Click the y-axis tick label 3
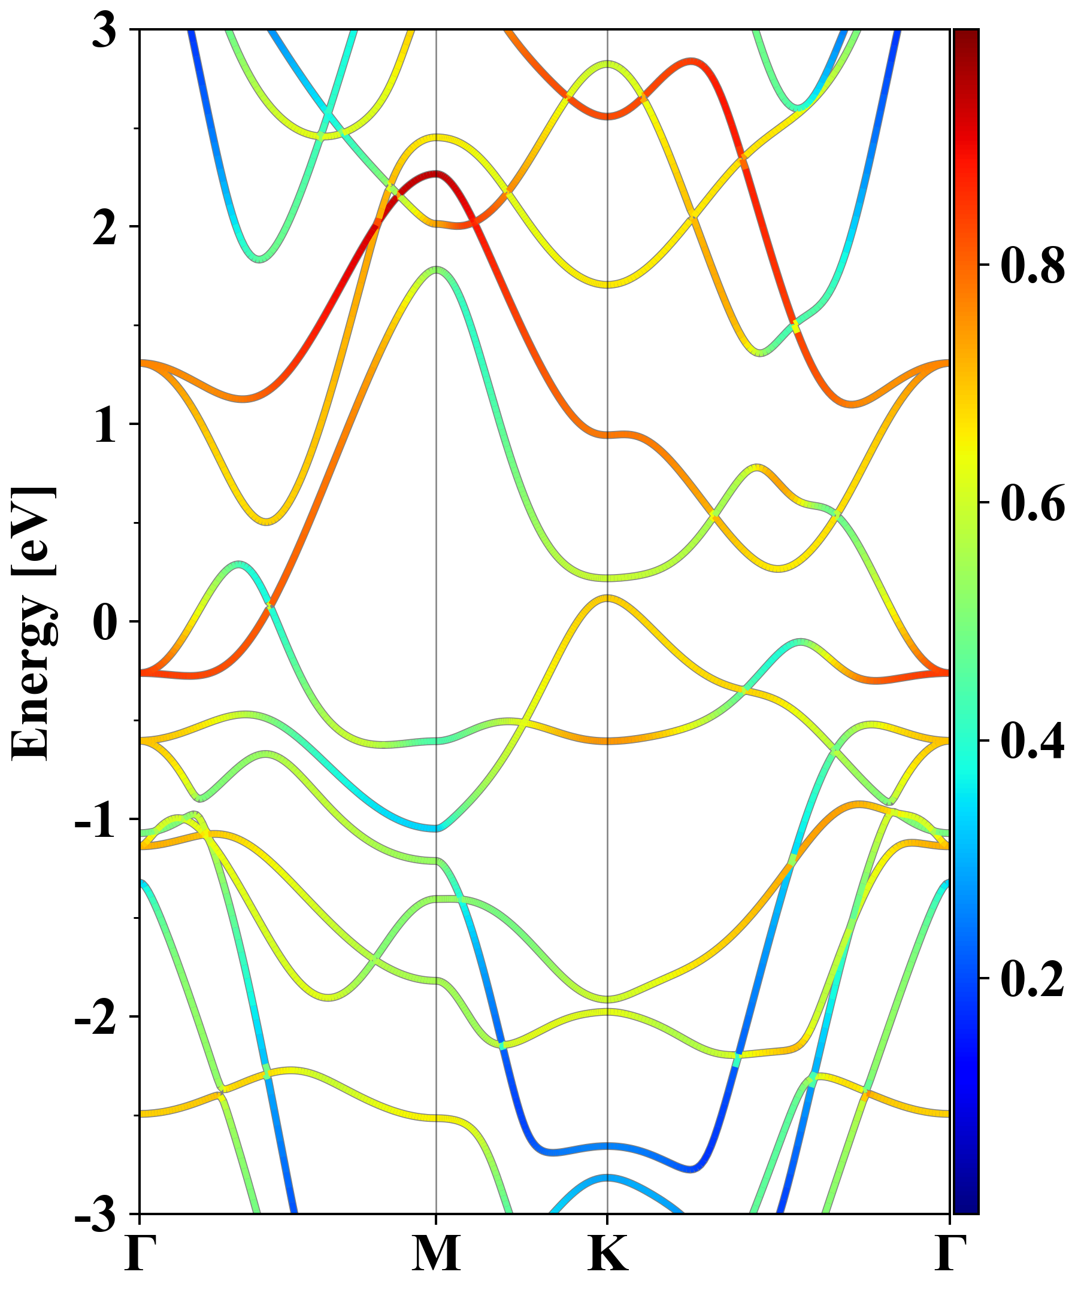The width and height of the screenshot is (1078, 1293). pos(105,31)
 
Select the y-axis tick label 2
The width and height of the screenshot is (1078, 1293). pos(105,227)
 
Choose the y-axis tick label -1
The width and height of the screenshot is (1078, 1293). pos(95,819)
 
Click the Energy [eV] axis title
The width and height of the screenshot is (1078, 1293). pos(34,622)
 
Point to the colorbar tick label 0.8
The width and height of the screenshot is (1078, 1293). pos(1032,265)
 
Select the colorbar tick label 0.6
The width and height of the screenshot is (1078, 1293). pos(1032,503)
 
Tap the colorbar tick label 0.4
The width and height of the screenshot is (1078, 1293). pos(1032,740)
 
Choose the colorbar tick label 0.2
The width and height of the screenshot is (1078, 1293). pos(1032,978)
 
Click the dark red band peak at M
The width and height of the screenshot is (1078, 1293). pos(436,174)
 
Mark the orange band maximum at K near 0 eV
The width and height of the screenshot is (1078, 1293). pos(608,597)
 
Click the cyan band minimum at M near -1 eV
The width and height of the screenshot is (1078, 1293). pos(436,828)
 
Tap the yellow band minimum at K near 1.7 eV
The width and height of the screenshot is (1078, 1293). pos(608,284)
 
